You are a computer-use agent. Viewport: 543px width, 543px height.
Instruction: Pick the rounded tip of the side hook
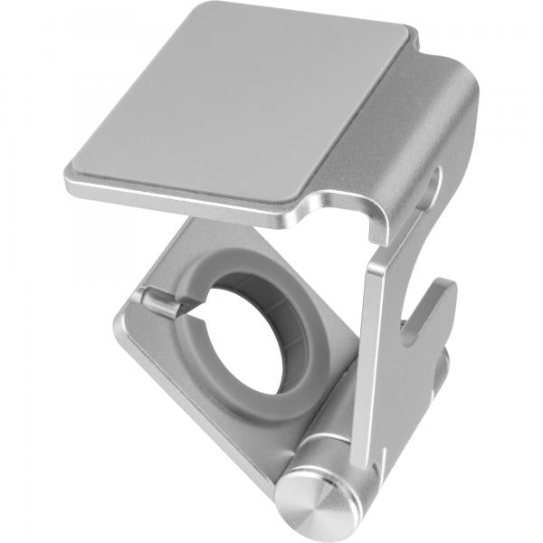pos(446,291)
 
